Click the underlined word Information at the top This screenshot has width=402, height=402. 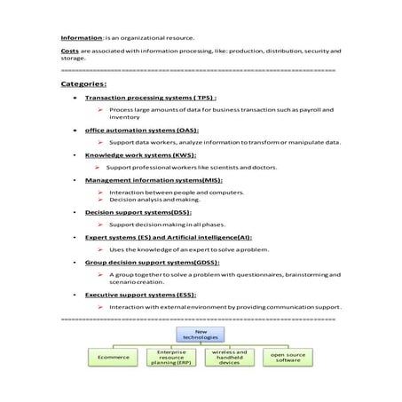tap(81, 38)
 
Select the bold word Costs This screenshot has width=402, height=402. tap(69, 51)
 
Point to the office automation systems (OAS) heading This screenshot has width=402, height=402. tap(141, 130)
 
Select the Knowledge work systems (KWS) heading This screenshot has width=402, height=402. tap(140, 154)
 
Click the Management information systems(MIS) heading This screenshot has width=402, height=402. tap(154, 179)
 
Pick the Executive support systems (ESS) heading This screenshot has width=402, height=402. tap(140, 295)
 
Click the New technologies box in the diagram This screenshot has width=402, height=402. tap(200, 334)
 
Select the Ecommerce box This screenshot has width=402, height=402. tap(113, 357)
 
